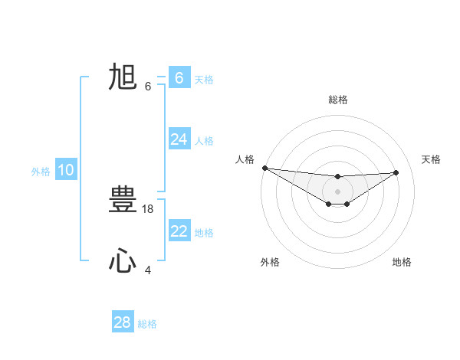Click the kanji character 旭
tap(122, 77)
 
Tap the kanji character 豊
tap(122, 201)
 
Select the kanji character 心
tap(122, 261)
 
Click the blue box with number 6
tap(179, 78)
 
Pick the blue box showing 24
tap(179, 139)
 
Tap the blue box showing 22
tap(179, 231)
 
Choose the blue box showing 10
tap(65, 170)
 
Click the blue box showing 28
tap(122, 322)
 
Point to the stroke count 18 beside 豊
tap(148, 208)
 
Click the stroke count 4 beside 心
tap(148, 270)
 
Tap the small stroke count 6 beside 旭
tap(148, 86)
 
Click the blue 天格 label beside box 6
tap(204, 79)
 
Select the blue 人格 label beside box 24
tap(204, 140)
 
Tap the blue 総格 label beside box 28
tap(147, 324)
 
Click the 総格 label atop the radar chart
tap(337, 100)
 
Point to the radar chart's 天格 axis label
tap(431, 159)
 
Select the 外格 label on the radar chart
tap(270, 262)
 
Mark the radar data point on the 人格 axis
tap(264, 168)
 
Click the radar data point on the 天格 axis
tap(396, 172)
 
